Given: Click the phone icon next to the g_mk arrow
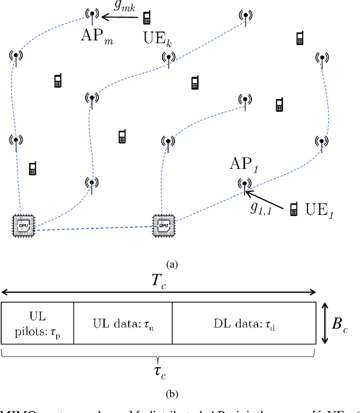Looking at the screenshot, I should [x=147, y=17].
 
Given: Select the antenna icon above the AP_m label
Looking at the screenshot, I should [x=91, y=14].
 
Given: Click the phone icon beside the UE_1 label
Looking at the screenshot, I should [x=293, y=210].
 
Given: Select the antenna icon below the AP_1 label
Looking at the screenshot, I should [x=244, y=184].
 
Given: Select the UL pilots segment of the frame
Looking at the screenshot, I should [x=37, y=323].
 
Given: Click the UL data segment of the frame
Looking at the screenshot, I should [x=122, y=323].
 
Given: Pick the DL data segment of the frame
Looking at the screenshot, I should [x=243, y=323].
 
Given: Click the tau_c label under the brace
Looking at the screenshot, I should [x=160, y=371].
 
